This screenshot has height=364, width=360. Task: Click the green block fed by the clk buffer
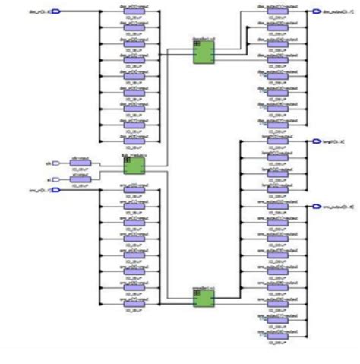[134, 163]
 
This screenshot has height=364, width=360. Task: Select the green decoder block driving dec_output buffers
[203, 51]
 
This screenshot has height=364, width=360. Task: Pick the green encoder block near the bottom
[203, 297]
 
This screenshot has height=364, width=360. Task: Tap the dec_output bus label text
[335, 11]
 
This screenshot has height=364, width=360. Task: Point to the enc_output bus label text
[336, 206]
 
